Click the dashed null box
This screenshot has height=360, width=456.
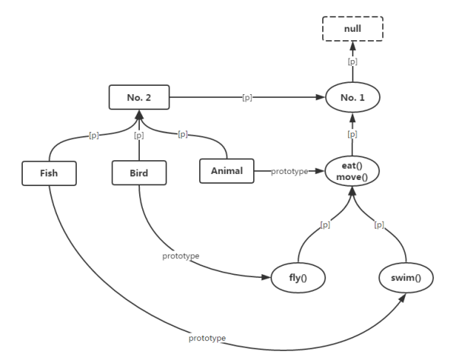tap(351, 28)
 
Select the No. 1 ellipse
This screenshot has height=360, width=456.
tap(351, 98)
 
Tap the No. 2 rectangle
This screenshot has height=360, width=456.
tap(138, 98)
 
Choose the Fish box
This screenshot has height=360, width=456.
tap(49, 172)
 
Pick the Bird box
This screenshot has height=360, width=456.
tap(138, 172)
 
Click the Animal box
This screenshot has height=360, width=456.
tap(227, 171)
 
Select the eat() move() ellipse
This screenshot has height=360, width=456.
tap(352, 172)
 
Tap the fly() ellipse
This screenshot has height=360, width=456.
tap(298, 278)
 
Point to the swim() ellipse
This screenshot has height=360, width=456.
tap(401, 278)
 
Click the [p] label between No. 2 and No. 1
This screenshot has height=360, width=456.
tap(247, 98)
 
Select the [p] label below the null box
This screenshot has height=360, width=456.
tap(351, 62)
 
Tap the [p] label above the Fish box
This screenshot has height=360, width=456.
tap(94, 134)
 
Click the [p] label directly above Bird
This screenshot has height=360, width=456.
tap(138, 136)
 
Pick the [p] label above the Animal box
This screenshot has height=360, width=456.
tap(182, 134)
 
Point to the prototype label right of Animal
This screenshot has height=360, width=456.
tap(289, 172)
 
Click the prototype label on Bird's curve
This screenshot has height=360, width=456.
tap(181, 256)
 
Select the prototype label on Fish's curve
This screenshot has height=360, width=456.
tap(207, 336)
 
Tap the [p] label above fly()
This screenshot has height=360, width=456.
tap(325, 225)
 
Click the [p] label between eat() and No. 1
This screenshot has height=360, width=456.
tap(351, 134)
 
